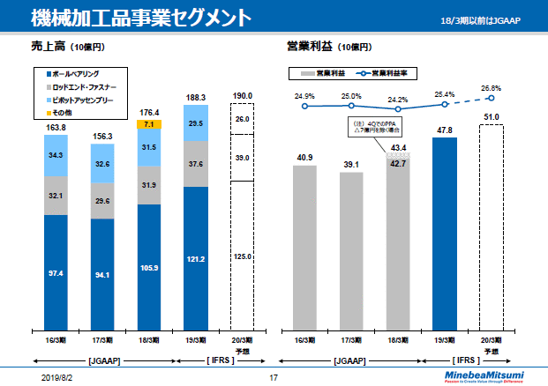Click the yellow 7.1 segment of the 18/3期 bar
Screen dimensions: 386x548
(150, 124)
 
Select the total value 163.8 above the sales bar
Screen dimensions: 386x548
(56, 128)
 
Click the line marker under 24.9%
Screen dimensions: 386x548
(305, 107)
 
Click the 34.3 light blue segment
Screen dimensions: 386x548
(56, 154)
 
